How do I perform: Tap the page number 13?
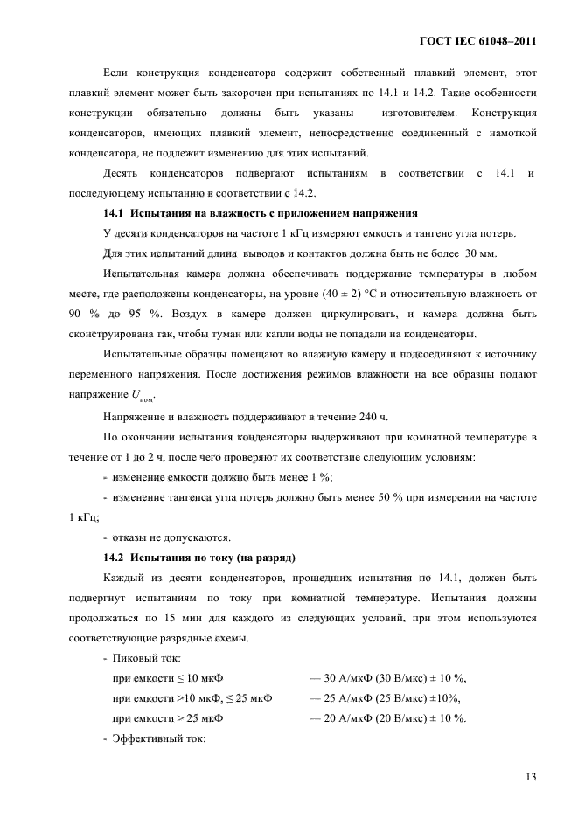531,777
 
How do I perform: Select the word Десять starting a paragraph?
126,172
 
